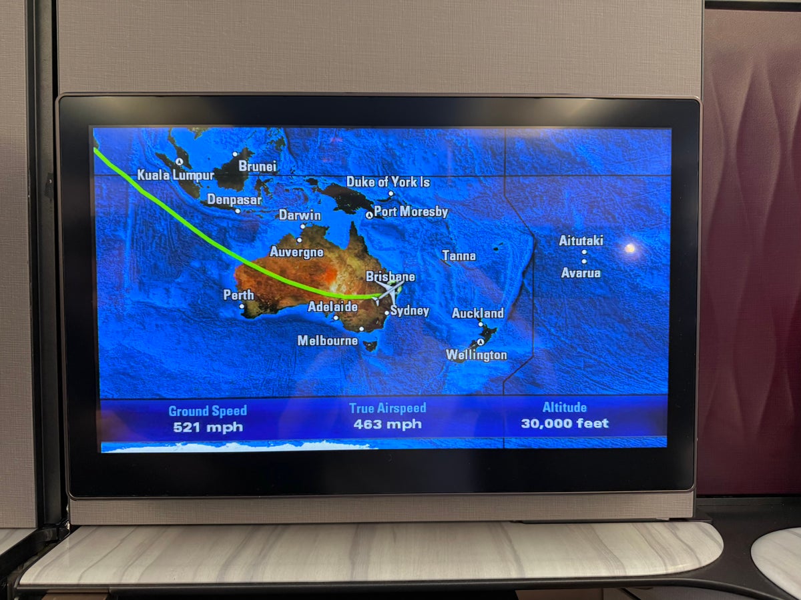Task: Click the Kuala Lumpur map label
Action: point(176,175)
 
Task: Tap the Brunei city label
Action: point(257,167)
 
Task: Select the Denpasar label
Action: point(234,199)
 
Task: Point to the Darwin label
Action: point(300,215)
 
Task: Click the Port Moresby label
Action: point(411,212)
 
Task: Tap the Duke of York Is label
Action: point(388,182)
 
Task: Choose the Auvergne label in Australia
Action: point(296,252)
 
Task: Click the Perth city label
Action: point(238,295)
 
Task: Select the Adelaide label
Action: point(332,307)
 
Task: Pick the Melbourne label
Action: point(327,341)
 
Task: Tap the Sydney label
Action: point(410,311)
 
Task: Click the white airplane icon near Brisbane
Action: point(389,291)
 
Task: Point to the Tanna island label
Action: point(459,255)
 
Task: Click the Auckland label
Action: point(478,313)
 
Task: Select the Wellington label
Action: point(477,355)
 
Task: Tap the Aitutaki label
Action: point(581,241)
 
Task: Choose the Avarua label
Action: point(581,273)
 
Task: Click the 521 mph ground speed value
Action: point(208,427)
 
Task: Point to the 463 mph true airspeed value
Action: point(387,424)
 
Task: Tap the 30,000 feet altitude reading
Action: point(565,423)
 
